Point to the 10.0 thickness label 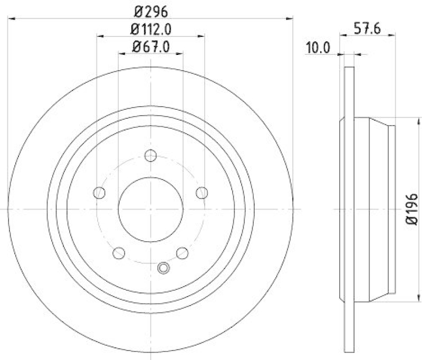click(318, 48)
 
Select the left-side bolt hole click(99, 192)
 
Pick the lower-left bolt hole click(119, 253)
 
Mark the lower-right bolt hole click(183, 253)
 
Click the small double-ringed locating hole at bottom click(163, 268)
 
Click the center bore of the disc click(150, 210)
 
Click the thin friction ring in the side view click(348, 210)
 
